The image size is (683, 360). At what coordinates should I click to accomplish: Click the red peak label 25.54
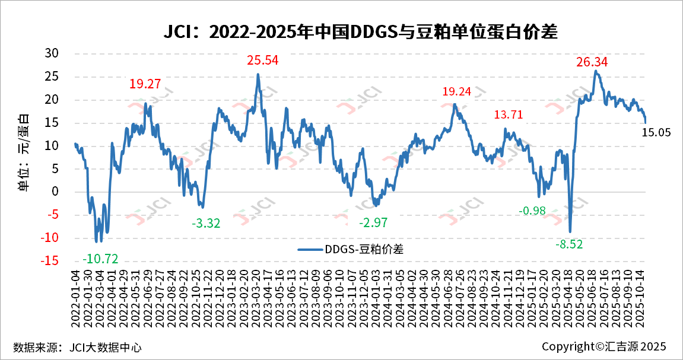click(x=262, y=60)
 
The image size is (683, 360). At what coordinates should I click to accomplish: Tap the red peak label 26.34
click(x=592, y=62)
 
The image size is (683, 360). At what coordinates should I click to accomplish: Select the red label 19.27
click(x=145, y=84)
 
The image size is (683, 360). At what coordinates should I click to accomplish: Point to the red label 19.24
click(x=457, y=91)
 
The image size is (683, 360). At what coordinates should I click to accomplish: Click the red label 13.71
click(x=509, y=115)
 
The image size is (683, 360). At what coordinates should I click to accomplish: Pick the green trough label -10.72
click(x=101, y=259)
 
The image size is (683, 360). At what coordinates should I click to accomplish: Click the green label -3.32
click(x=206, y=224)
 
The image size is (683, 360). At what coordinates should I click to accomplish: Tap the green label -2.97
click(x=373, y=223)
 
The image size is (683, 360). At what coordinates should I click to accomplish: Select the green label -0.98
click(x=532, y=211)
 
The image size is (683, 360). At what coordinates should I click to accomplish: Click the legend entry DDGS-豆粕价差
click(x=351, y=249)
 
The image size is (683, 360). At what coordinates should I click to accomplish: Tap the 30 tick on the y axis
click(x=52, y=53)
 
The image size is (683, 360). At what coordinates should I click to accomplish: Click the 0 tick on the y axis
click(x=55, y=192)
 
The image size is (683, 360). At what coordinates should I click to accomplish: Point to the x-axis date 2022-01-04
click(x=76, y=297)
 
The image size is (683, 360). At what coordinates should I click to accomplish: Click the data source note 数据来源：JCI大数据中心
click(x=77, y=347)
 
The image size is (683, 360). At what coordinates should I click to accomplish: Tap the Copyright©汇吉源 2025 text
click(x=604, y=346)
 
